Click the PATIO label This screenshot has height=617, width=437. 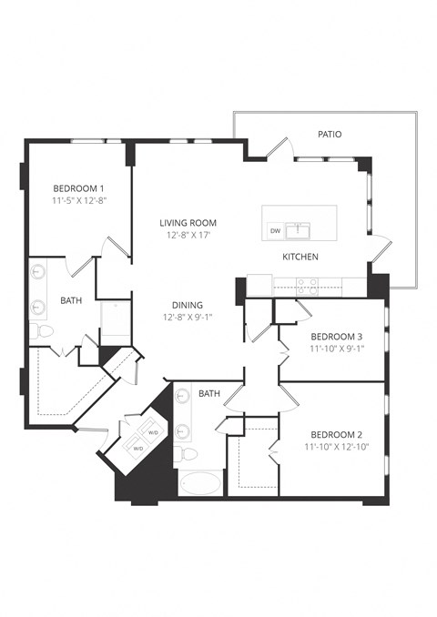(330, 134)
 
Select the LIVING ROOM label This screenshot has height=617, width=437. (188, 222)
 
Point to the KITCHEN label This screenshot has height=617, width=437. (300, 257)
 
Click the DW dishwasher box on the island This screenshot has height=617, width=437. (275, 231)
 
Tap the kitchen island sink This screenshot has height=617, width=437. (298, 229)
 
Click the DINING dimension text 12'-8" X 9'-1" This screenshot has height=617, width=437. (188, 318)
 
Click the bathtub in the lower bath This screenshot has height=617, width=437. (200, 481)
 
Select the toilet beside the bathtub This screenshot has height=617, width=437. (185, 452)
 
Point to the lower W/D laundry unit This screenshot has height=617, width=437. (138, 448)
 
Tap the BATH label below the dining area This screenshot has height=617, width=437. (209, 393)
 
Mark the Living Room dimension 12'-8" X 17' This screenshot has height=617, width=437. (188, 235)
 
